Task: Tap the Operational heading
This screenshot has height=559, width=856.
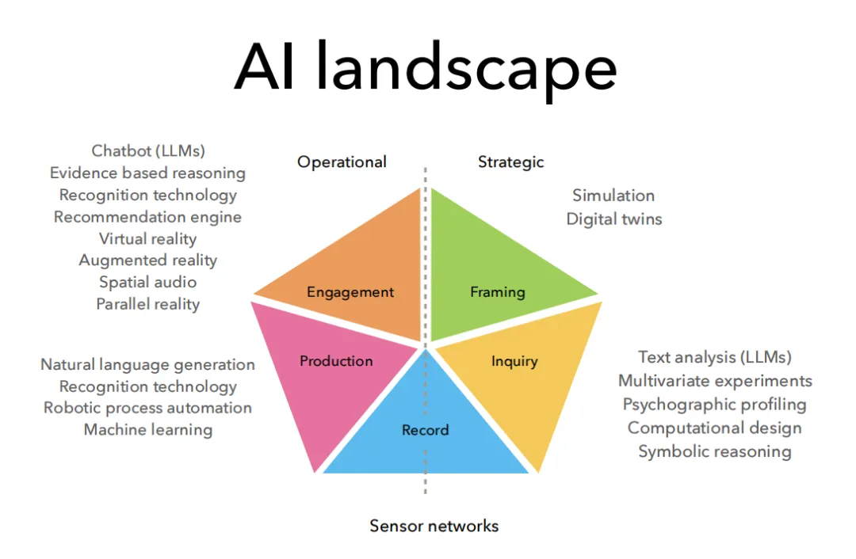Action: (342, 162)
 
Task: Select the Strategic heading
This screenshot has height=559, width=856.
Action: (510, 162)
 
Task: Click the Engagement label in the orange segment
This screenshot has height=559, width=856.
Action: (350, 292)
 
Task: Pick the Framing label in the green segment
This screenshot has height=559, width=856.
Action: (497, 292)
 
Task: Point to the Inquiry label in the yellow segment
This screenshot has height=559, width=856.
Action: (514, 361)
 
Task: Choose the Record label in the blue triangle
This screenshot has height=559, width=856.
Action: (425, 430)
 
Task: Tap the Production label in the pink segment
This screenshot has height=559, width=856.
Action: (336, 361)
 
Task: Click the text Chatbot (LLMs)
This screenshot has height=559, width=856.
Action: (148, 150)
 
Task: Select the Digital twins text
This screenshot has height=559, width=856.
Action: (613, 219)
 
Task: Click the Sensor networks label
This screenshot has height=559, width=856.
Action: (434, 526)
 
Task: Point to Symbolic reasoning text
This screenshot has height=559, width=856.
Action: (714, 451)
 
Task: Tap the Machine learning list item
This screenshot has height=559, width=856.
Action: (148, 430)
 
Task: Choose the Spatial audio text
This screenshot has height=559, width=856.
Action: (148, 282)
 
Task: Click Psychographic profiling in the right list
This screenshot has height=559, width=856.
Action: (714, 405)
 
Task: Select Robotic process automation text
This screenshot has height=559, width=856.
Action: (148, 409)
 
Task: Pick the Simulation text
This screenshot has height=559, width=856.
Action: (613, 196)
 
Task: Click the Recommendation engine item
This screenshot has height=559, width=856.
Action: (148, 216)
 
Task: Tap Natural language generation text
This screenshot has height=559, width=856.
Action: (148, 365)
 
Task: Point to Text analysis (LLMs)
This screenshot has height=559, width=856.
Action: (714, 358)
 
